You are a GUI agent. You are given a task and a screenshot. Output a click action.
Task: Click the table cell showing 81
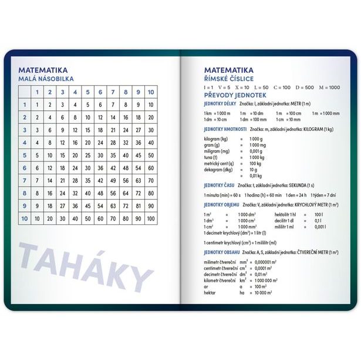point(139,206)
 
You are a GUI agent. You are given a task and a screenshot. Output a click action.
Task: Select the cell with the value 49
point(113,180)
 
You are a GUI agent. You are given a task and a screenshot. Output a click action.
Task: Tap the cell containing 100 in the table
point(151,218)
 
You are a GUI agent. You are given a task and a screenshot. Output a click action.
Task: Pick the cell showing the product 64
point(126,193)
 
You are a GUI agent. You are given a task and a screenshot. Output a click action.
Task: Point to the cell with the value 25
point(87,156)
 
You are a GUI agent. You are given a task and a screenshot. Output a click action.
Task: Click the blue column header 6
point(100,92)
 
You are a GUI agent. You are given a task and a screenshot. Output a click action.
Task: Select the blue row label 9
point(25,206)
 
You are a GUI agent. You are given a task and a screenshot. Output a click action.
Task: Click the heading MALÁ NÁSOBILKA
point(46,79)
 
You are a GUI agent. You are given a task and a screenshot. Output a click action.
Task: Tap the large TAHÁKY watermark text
point(85,267)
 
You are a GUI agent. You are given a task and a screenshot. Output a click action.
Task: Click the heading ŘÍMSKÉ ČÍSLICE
point(229,79)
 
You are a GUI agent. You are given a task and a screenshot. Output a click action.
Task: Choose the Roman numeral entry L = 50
point(264,87)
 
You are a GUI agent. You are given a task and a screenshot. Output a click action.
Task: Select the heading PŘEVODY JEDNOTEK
point(235,95)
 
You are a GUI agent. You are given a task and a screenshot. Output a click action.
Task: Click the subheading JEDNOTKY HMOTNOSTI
point(225,129)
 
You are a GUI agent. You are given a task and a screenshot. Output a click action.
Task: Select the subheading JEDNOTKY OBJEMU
point(221,205)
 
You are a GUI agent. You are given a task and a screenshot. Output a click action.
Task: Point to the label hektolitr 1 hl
point(286,214)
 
